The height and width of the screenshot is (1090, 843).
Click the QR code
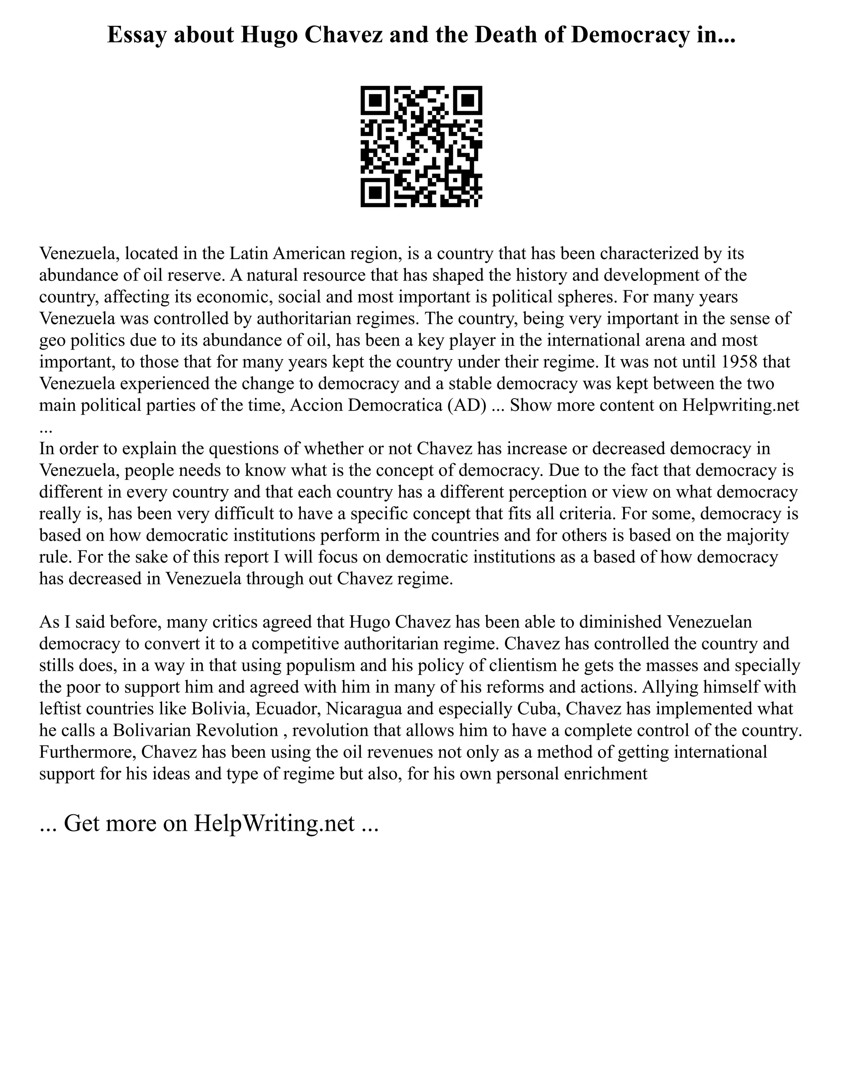click(x=421, y=146)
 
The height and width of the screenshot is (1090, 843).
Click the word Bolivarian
click(x=153, y=730)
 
